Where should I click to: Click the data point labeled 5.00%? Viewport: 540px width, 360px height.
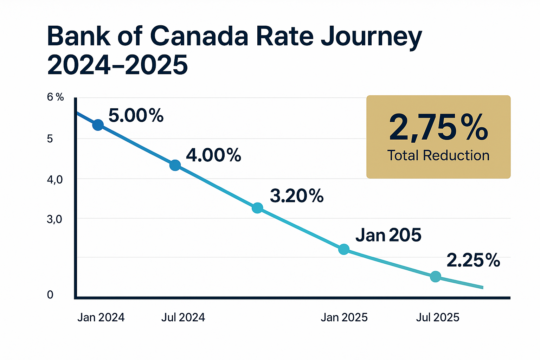98,125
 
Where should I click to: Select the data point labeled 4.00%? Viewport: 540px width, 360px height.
175,165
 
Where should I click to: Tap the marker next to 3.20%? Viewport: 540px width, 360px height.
257,208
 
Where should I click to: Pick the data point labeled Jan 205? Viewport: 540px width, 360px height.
344,249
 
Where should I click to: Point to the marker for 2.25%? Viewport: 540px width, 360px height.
435,276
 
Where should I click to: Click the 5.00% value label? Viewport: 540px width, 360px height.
136,115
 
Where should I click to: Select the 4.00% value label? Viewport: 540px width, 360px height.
213,155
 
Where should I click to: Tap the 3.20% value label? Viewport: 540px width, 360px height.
297,196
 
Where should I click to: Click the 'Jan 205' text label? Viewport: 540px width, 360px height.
388,235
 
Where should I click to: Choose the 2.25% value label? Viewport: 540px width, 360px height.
473,261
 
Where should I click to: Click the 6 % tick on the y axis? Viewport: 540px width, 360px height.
56,97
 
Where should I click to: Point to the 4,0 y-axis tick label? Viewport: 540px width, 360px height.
54,180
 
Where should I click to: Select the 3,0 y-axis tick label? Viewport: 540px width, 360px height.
54,220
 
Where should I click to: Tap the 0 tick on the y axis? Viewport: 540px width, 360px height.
50,295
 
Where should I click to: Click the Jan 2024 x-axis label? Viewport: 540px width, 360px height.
101,317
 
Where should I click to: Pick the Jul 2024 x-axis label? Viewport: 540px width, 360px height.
183,317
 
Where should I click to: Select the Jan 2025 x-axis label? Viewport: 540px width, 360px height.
344,317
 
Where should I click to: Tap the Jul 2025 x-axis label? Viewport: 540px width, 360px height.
438,317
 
